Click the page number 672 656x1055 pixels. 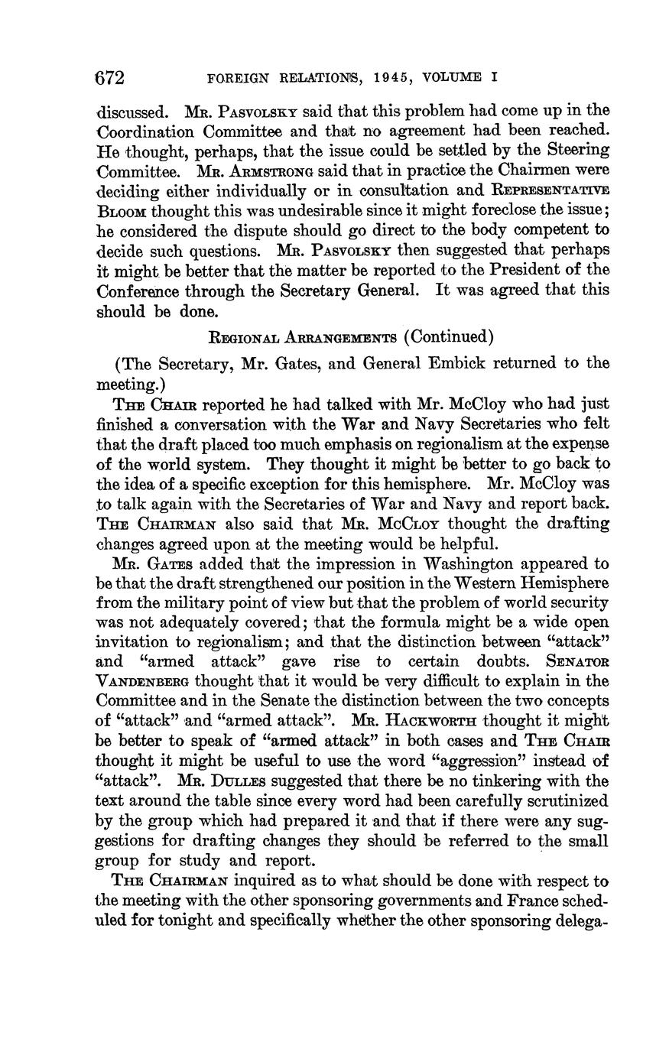[x=109, y=78]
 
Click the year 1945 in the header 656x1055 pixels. [x=388, y=78]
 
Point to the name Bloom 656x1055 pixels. [x=122, y=210]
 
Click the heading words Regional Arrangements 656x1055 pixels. [x=303, y=338]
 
